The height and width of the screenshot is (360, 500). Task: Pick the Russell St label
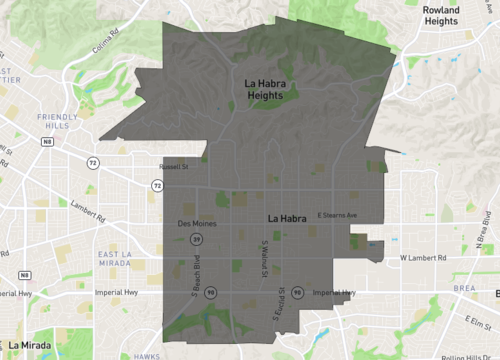click(174, 168)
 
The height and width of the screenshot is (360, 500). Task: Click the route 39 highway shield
click(198, 240)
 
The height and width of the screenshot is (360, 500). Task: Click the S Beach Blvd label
click(198, 278)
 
